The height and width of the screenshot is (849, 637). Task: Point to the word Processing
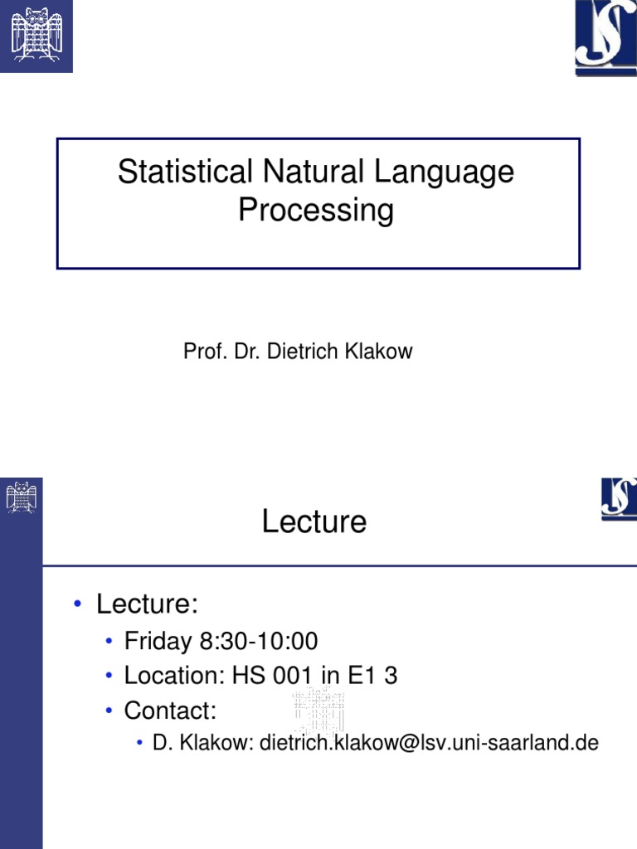(x=316, y=210)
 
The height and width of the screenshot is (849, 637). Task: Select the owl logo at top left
(x=36, y=36)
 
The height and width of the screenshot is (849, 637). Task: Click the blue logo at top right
(x=605, y=37)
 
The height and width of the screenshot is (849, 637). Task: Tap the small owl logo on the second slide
(x=22, y=497)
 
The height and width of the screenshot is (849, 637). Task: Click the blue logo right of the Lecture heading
(x=619, y=498)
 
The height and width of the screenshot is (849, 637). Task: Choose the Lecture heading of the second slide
(x=314, y=522)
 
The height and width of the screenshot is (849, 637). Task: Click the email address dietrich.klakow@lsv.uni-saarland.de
(x=429, y=743)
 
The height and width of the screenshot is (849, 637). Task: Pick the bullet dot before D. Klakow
(x=141, y=743)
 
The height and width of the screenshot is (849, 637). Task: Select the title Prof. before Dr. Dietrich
(x=200, y=352)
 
